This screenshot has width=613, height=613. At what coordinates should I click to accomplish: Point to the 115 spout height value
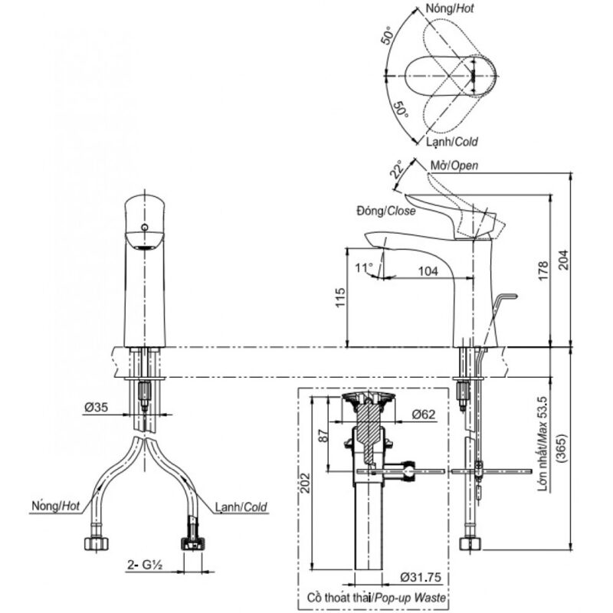[340, 298]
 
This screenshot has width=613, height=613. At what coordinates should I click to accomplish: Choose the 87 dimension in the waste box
[323, 438]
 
